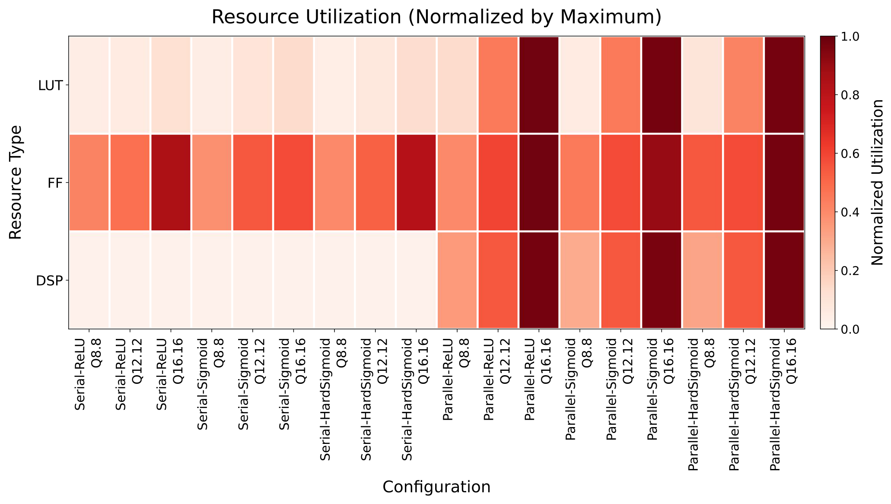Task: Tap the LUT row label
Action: coord(51,85)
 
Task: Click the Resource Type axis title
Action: coord(16,182)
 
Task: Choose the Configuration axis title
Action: coord(436,487)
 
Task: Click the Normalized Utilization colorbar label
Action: coord(877,182)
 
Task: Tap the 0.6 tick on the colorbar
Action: coord(849,153)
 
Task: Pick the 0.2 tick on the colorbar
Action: coord(849,271)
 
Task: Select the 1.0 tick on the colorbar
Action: coord(849,37)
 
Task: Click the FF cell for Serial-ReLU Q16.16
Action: coord(171,183)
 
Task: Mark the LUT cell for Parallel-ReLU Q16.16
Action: coord(538,85)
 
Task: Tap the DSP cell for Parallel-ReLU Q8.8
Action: coord(457,281)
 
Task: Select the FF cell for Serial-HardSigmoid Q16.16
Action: coord(416,183)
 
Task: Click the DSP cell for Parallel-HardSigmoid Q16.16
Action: coord(784,281)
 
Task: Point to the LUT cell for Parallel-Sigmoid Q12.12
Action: coord(620,85)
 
